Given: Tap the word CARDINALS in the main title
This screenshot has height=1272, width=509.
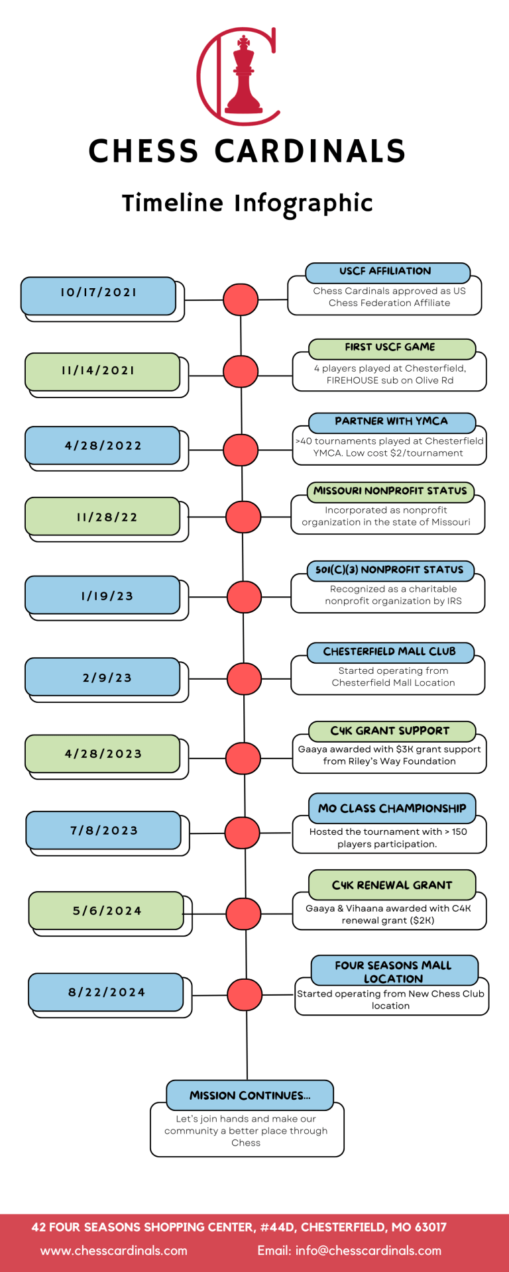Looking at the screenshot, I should pos(310,152).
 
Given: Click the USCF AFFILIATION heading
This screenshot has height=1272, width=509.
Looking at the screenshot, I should pos(387,272).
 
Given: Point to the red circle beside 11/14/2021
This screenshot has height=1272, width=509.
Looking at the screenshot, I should pos(241,372).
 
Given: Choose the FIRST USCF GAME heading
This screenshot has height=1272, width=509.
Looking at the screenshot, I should pos(391,348).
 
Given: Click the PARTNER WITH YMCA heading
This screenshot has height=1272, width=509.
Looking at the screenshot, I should pos(391,422).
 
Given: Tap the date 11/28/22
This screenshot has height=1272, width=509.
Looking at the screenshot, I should pos(107,517).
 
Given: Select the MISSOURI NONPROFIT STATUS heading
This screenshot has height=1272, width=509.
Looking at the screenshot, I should pos(390,492).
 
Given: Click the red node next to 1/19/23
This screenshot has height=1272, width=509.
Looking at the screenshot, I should pos(244,597).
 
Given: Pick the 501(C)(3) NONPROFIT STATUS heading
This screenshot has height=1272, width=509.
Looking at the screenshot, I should pos(390,570).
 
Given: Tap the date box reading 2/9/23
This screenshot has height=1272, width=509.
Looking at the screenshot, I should pos(107,678).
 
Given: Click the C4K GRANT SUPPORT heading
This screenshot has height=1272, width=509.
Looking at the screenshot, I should pos(391,731).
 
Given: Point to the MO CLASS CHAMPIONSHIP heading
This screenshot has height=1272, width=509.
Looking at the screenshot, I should pos(392,809).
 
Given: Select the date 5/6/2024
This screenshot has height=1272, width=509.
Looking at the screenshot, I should pos(107,911).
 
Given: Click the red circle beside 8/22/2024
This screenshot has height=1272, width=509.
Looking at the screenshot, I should pos(245,995).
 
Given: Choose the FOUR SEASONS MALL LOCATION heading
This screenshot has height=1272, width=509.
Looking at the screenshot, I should pos(394,972).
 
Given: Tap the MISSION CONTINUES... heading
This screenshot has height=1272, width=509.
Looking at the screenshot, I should pos(250,1096).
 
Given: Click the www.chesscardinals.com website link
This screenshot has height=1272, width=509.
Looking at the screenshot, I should pos(114,1251).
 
